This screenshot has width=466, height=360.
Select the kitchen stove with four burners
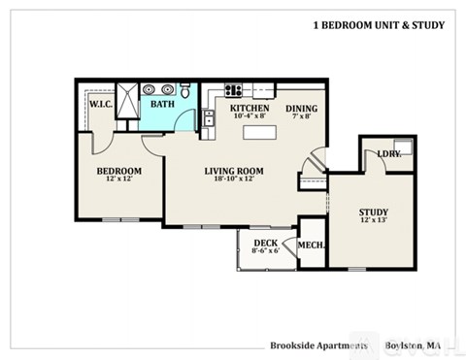click(x=234, y=91)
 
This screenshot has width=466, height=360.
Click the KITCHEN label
click(x=249, y=109)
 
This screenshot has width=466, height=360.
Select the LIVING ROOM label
click(x=234, y=172)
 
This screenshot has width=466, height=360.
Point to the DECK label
click(x=266, y=244)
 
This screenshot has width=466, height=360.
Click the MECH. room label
click(x=312, y=246)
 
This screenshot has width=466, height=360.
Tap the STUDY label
click(x=373, y=212)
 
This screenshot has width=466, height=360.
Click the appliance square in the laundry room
click(x=404, y=148)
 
